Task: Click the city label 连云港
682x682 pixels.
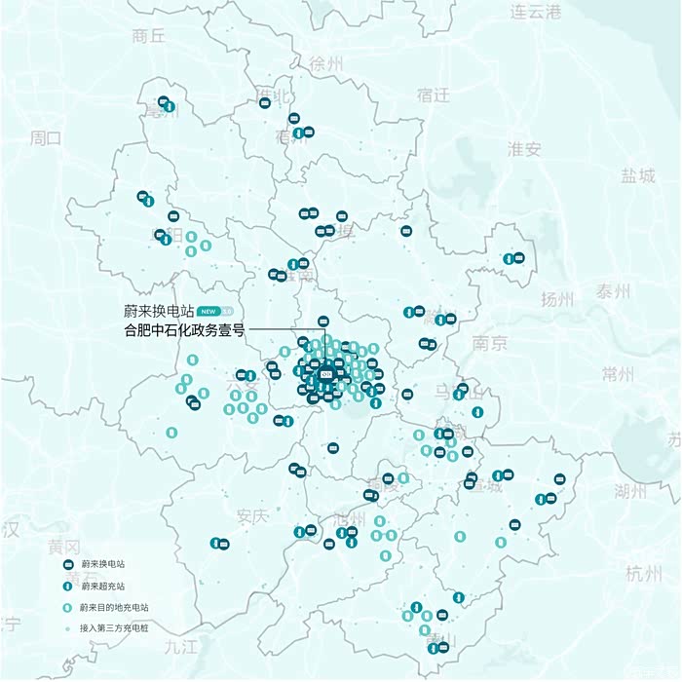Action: point(537,12)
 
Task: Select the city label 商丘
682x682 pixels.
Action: point(148,36)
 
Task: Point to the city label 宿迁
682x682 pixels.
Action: point(433,95)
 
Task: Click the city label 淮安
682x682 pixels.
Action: point(524,149)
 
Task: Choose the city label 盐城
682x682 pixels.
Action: point(638,175)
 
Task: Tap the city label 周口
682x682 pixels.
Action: point(46,137)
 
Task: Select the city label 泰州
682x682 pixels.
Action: point(614,291)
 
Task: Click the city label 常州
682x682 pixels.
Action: point(618,374)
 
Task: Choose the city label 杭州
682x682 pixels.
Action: point(643,572)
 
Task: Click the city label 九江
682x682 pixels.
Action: point(181,646)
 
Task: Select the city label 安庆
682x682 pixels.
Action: point(251,516)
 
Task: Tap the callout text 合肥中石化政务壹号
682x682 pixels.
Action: point(184,330)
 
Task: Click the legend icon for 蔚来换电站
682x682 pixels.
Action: point(69,564)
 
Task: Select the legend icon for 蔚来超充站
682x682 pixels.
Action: point(69,586)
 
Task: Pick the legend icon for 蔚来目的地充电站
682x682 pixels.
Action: point(69,607)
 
